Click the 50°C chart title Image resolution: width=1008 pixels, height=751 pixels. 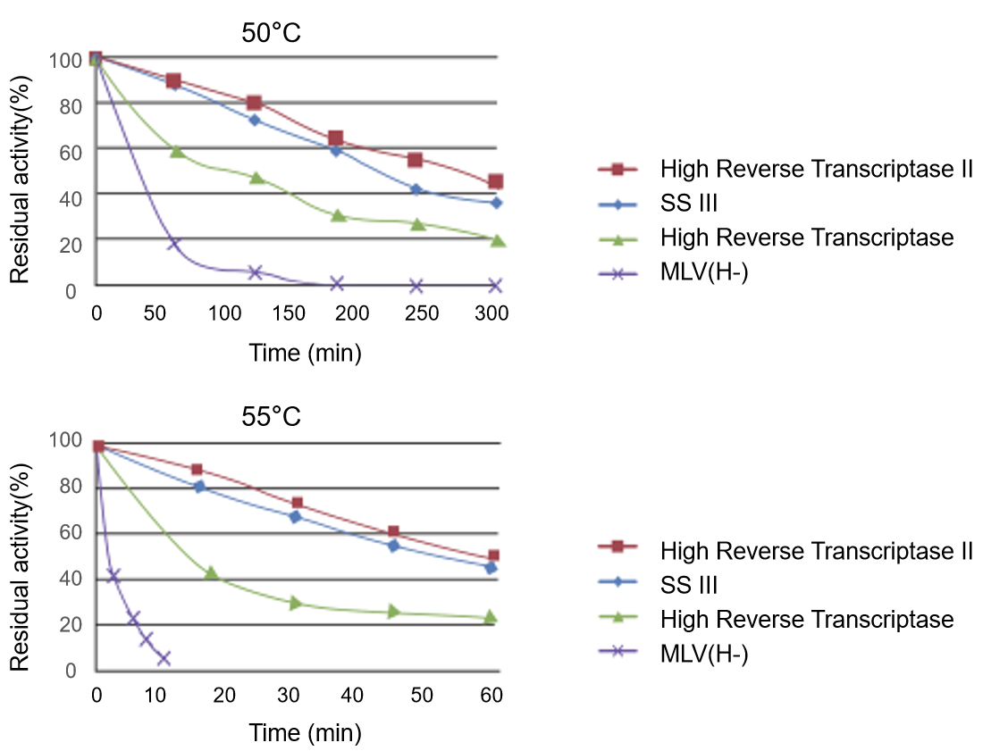tap(271, 34)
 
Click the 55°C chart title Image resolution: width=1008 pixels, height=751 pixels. tap(271, 416)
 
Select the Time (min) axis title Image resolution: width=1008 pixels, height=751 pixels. tap(305, 354)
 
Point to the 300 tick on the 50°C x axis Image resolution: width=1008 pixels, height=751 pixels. tap(491, 314)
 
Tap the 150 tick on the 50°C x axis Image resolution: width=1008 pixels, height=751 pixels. tap(289, 314)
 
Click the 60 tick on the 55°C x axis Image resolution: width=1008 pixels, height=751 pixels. tap(491, 696)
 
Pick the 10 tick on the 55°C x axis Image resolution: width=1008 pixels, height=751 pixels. tap(157, 696)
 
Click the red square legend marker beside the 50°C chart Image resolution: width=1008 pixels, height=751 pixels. tap(617, 169)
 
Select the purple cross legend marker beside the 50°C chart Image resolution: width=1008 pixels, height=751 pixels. tap(617, 274)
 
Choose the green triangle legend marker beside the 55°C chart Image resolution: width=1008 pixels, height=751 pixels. tap(617, 616)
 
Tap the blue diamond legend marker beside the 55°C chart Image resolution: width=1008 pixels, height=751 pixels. tap(617, 581)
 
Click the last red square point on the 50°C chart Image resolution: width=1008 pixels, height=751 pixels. tap(495, 182)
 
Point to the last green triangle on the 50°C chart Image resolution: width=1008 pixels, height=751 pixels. tap(497, 240)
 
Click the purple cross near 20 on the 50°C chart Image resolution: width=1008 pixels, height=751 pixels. tap(173, 244)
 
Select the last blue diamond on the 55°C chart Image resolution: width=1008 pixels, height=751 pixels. tap(491, 567)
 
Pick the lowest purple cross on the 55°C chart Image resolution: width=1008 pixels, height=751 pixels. tap(164, 659)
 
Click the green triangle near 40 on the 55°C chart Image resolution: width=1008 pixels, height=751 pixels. tap(211, 572)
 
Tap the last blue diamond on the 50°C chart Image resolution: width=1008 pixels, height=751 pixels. tap(496, 203)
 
